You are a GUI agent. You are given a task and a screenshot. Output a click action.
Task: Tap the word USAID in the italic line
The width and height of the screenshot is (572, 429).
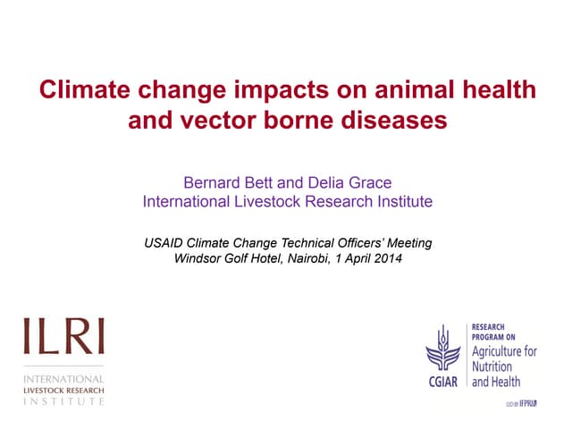[x=165, y=243]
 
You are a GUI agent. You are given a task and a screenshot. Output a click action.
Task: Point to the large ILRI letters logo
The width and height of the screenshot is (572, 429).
[x=63, y=338]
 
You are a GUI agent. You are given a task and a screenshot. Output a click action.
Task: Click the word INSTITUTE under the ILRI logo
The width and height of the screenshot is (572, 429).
[x=63, y=401]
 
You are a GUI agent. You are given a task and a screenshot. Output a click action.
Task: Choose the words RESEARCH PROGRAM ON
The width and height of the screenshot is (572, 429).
[x=495, y=332]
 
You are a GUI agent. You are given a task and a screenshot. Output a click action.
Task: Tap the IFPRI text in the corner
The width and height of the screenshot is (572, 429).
[x=533, y=405]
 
